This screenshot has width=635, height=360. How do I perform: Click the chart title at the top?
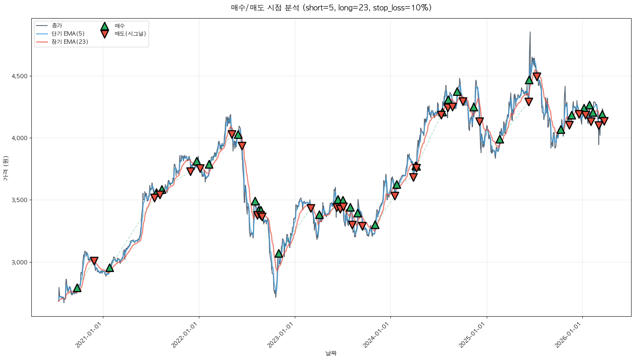point(331,8)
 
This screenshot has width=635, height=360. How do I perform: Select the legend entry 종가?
point(56,26)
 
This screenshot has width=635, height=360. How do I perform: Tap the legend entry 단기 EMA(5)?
point(68,34)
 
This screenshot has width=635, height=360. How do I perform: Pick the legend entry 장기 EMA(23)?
point(70,42)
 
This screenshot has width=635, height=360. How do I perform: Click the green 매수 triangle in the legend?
point(104,26)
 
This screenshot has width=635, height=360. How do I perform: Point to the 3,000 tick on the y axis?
point(19,262)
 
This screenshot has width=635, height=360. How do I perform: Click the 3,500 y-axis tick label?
point(19,200)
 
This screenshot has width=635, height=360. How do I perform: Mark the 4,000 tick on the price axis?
point(19,138)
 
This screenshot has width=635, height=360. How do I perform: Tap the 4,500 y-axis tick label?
point(19,76)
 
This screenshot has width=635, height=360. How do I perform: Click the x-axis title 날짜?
point(331,353)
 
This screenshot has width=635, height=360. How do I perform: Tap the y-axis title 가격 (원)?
point(5,168)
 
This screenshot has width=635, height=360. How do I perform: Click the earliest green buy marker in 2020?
point(77,288)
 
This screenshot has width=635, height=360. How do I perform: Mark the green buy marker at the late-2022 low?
point(279,254)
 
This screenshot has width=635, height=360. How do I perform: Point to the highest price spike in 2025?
point(530,33)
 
